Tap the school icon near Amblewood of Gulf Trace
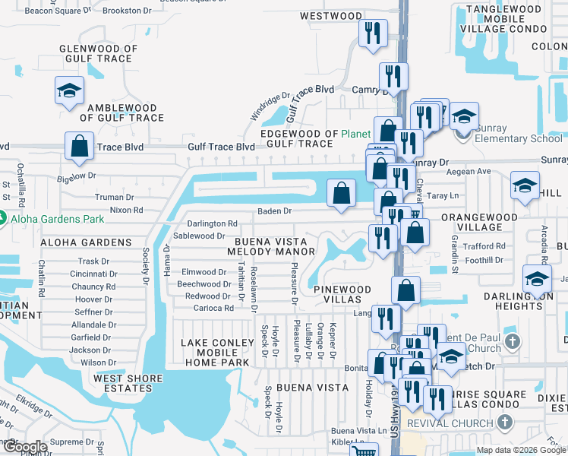69,91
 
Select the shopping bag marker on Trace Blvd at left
79,144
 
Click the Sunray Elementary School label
519,138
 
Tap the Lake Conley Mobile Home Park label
216,353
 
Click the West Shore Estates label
128,383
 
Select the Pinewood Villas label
342,294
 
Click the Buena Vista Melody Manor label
271,245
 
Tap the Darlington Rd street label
212,224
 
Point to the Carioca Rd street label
213,308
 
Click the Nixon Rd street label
126,210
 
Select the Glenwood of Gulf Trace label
99,54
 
